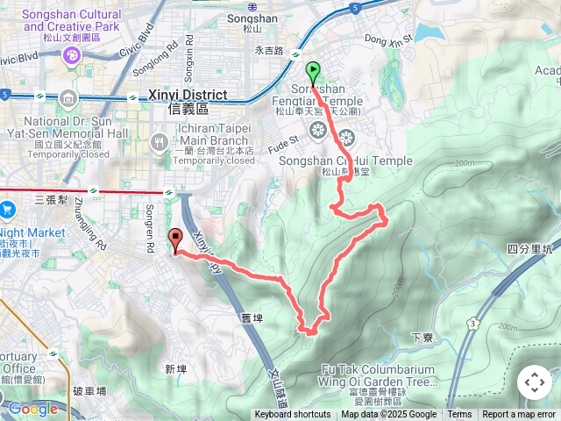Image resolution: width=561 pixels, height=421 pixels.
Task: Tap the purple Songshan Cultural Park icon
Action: (x=70, y=56)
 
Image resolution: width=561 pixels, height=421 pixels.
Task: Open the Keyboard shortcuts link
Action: (x=293, y=415)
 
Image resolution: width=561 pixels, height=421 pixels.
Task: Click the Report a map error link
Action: (x=518, y=415)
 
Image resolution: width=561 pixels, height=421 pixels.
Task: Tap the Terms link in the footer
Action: (x=459, y=415)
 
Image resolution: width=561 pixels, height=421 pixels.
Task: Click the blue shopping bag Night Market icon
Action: (x=7, y=209)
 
